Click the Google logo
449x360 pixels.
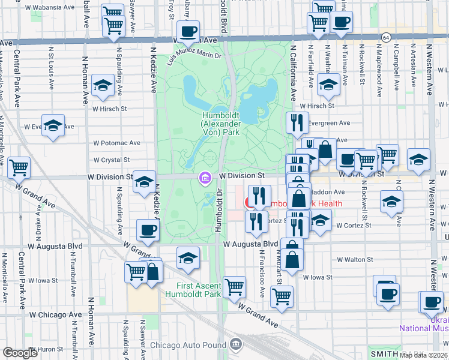[20, 353]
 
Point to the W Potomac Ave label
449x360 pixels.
[116, 143]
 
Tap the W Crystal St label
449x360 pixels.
[112, 160]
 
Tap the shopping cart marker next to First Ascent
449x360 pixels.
[234, 286]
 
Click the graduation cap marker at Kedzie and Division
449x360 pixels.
[144, 182]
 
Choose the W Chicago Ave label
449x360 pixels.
[55, 314]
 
